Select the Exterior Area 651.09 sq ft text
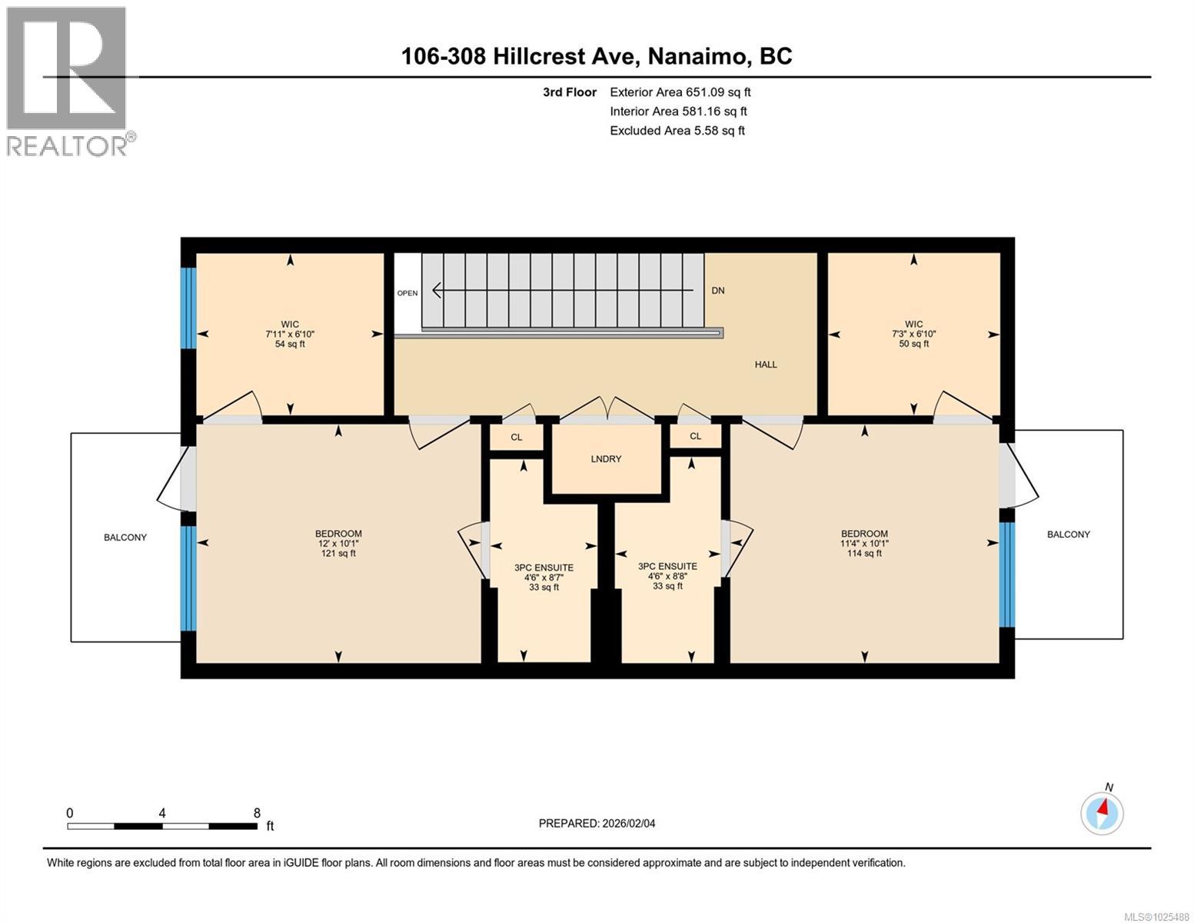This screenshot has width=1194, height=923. pyautogui.click(x=680, y=92)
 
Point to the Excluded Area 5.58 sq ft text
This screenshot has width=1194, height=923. pyautogui.click(x=677, y=131)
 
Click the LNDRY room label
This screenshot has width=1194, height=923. pyautogui.click(x=606, y=459)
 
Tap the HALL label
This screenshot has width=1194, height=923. pyautogui.click(x=765, y=365)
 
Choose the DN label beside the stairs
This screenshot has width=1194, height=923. pyautogui.click(x=717, y=291)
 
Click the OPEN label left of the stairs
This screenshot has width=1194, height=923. pyautogui.click(x=407, y=293)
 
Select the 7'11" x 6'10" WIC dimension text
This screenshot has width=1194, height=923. pyautogui.click(x=290, y=335)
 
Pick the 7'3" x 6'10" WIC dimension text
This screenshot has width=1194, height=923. pyautogui.click(x=913, y=335)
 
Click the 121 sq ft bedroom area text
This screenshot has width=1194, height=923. pyautogui.click(x=338, y=554)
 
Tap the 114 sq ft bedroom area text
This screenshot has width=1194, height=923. pyautogui.click(x=864, y=554)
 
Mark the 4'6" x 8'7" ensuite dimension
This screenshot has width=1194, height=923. pyautogui.click(x=544, y=578)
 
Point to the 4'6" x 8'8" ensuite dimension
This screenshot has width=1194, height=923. pyautogui.click(x=667, y=576)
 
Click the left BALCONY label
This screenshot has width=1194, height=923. pyautogui.click(x=125, y=538)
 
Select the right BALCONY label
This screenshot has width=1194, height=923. pyautogui.click(x=1068, y=535)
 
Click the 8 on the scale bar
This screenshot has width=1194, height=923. pyautogui.click(x=257, y=813)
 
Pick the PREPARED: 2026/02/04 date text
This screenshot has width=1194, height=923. pyautogui.click(x=597, y=824)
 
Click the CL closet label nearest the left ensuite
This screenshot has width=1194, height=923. pyautogui.click(x=517, y=438)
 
